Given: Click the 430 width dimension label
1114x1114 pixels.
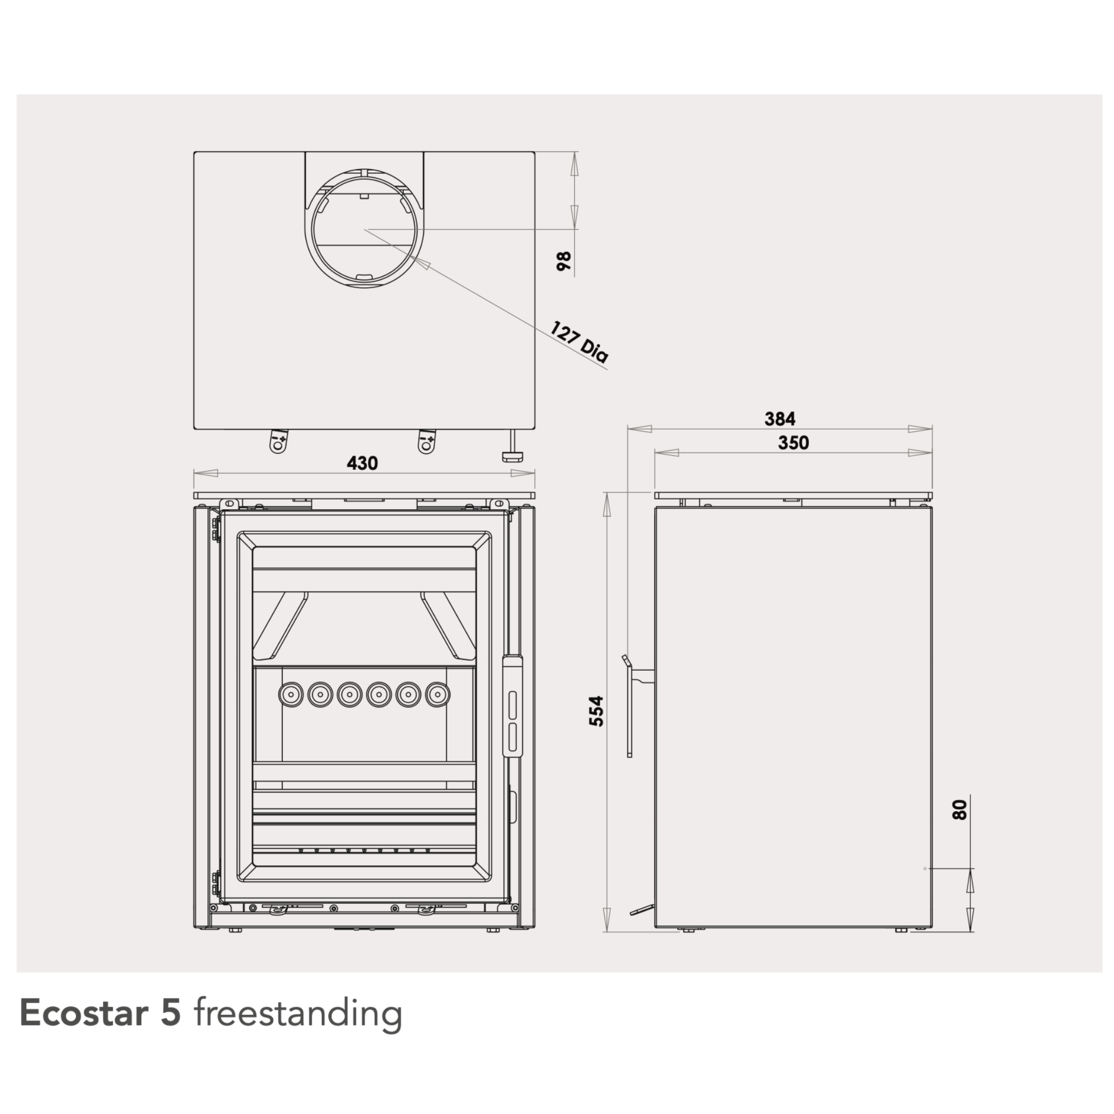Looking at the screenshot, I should coord(362,464).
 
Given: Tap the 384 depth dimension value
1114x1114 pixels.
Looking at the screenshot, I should coord(780,419).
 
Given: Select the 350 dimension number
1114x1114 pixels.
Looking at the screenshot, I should coord(793,443).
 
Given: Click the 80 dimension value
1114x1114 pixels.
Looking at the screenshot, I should coord(960,810).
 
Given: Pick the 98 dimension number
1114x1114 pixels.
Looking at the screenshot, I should coord(564,261).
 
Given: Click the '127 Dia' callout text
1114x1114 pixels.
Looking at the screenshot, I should coord(578,343).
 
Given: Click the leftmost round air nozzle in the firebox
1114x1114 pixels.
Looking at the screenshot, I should coord(290,694).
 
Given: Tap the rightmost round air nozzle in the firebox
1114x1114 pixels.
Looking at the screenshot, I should coord(438,694).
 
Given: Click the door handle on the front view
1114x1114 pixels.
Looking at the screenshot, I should coord(512,705).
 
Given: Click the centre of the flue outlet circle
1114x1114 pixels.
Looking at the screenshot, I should coord(364,229).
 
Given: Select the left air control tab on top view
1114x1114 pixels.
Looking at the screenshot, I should coord(278,442).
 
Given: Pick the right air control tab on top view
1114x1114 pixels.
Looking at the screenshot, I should coord(427,442).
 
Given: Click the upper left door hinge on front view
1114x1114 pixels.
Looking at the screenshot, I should coord(216,530).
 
